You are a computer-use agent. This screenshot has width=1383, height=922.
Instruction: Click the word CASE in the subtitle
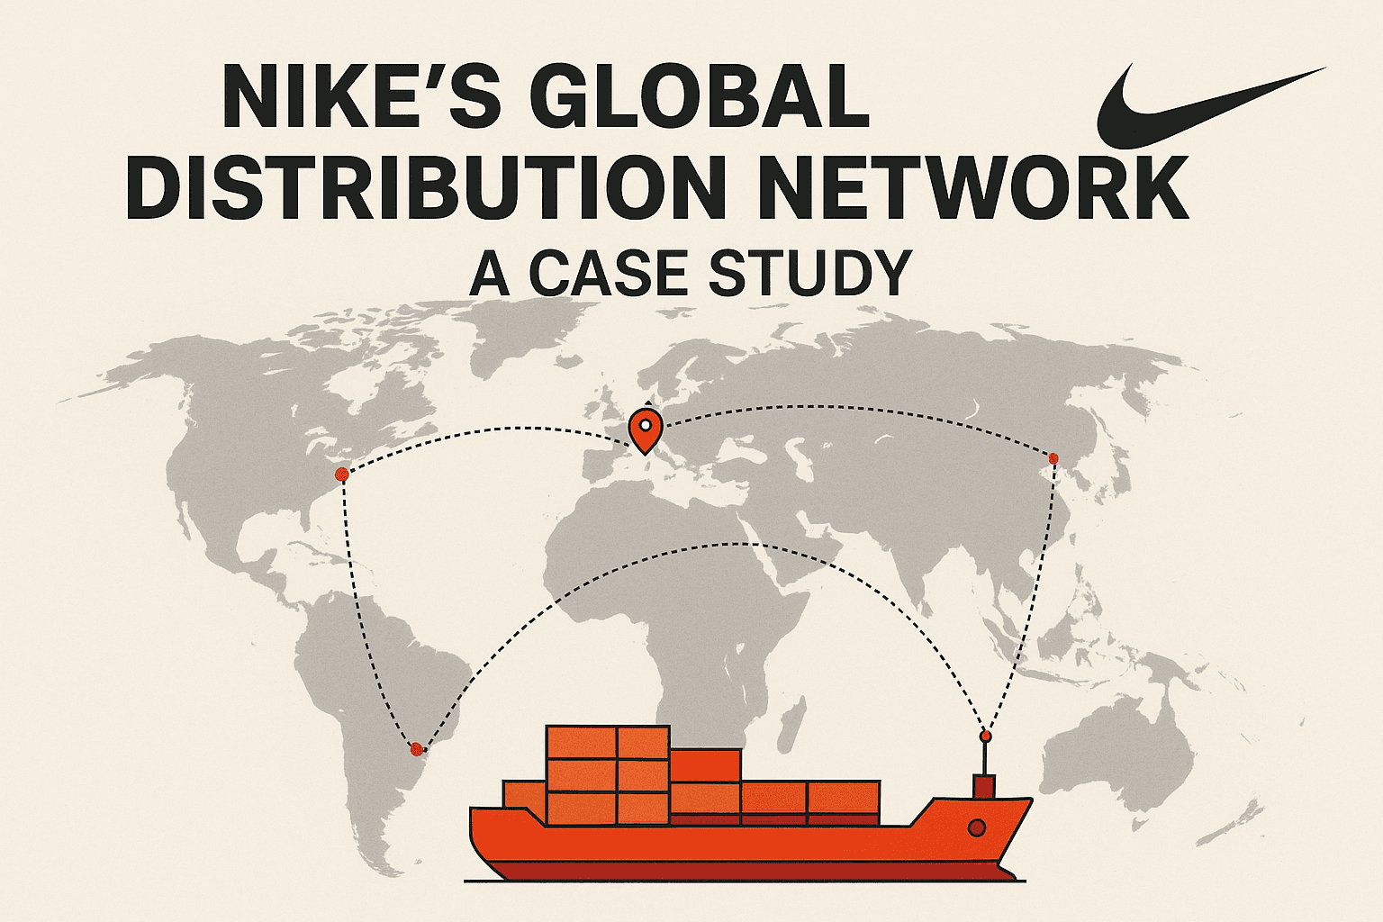pos(608,272)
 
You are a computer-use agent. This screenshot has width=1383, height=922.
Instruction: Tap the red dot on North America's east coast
pos(342,475)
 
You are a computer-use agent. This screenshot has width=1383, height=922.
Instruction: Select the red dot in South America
pos(417,749)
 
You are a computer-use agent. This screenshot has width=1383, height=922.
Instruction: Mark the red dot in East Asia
pos(1053,458)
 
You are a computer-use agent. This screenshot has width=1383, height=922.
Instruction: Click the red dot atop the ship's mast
pos(985,737)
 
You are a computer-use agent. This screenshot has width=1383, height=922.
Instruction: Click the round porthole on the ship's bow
pos(977,827)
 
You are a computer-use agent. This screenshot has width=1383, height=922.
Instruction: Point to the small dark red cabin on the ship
pos(984,786)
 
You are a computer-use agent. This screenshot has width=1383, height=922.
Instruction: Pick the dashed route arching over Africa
pos(741,544)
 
